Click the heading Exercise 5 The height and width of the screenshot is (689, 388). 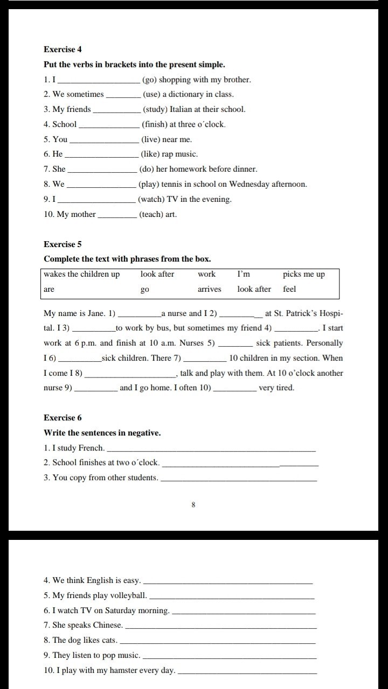tap(63, 244)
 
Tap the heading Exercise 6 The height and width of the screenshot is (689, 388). tap(63, 418)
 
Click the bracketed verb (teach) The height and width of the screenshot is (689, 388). tap(151, 214)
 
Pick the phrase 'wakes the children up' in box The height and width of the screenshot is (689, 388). tap(82, 275)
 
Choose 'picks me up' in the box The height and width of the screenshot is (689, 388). tap(304, 275)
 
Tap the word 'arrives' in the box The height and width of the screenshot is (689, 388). tap(209, 289)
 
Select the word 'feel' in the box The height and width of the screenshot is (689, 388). tap(289, 289)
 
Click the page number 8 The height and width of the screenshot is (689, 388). tap(193, 505)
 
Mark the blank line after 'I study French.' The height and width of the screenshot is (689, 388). tap(211, 449)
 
